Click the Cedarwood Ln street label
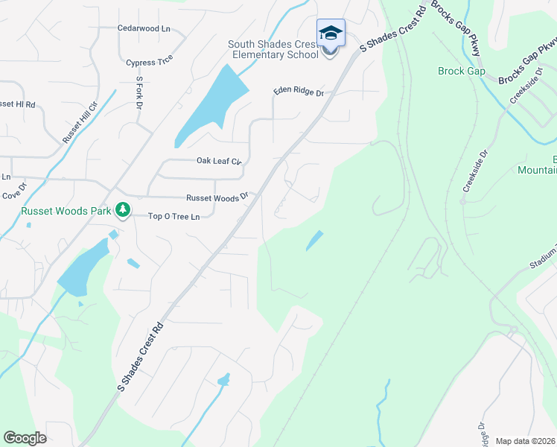[144, 28]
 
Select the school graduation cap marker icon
[331, 34]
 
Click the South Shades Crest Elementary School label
[274, 49]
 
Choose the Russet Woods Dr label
[217, 198]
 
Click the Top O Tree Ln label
[174, 217]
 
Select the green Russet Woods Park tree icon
[123, 212]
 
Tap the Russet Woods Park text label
[66, 212]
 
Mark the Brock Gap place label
[461, 72]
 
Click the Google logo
[25, 438]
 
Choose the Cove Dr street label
[13, 195]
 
